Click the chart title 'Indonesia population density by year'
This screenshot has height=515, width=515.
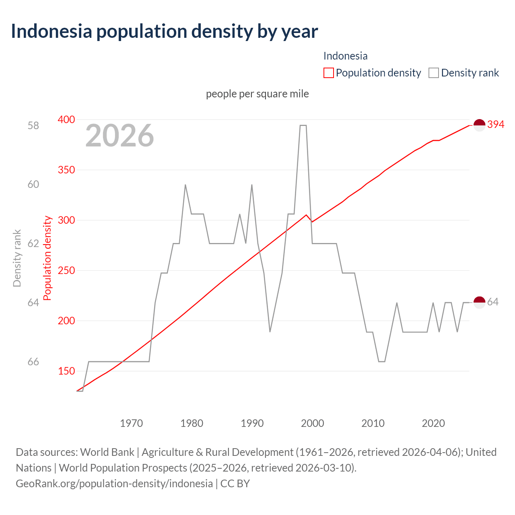coord(164,31)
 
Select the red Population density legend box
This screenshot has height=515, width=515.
coord(328,73)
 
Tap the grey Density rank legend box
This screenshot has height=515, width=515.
coord(433,73)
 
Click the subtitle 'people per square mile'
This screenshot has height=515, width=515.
coord(257,94)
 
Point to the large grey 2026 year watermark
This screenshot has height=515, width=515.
coord(119,136)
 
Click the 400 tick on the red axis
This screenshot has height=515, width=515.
coord(66,119)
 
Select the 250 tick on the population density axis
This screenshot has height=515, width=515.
coord(66,270)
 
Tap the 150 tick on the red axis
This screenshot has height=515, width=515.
coord(66,371)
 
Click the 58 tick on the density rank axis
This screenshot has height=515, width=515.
coord(33,126)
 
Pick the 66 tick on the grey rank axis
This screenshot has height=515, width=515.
coord(33,362)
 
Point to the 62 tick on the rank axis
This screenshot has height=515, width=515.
coord(33,244)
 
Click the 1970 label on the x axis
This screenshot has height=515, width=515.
coord(132,423)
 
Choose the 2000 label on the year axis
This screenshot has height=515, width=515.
coord(313,423)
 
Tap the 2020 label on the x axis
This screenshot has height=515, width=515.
coord(433,423)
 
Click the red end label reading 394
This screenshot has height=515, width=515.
coord(496,125)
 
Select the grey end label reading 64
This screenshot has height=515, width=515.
coord(493,302)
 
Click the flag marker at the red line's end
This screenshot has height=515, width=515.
coord(479,125)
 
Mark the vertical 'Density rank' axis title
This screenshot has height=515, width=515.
coord(17,258)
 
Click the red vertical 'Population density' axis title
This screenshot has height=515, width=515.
coord(47,258)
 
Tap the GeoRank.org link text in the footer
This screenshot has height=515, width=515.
coord(114,483)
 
